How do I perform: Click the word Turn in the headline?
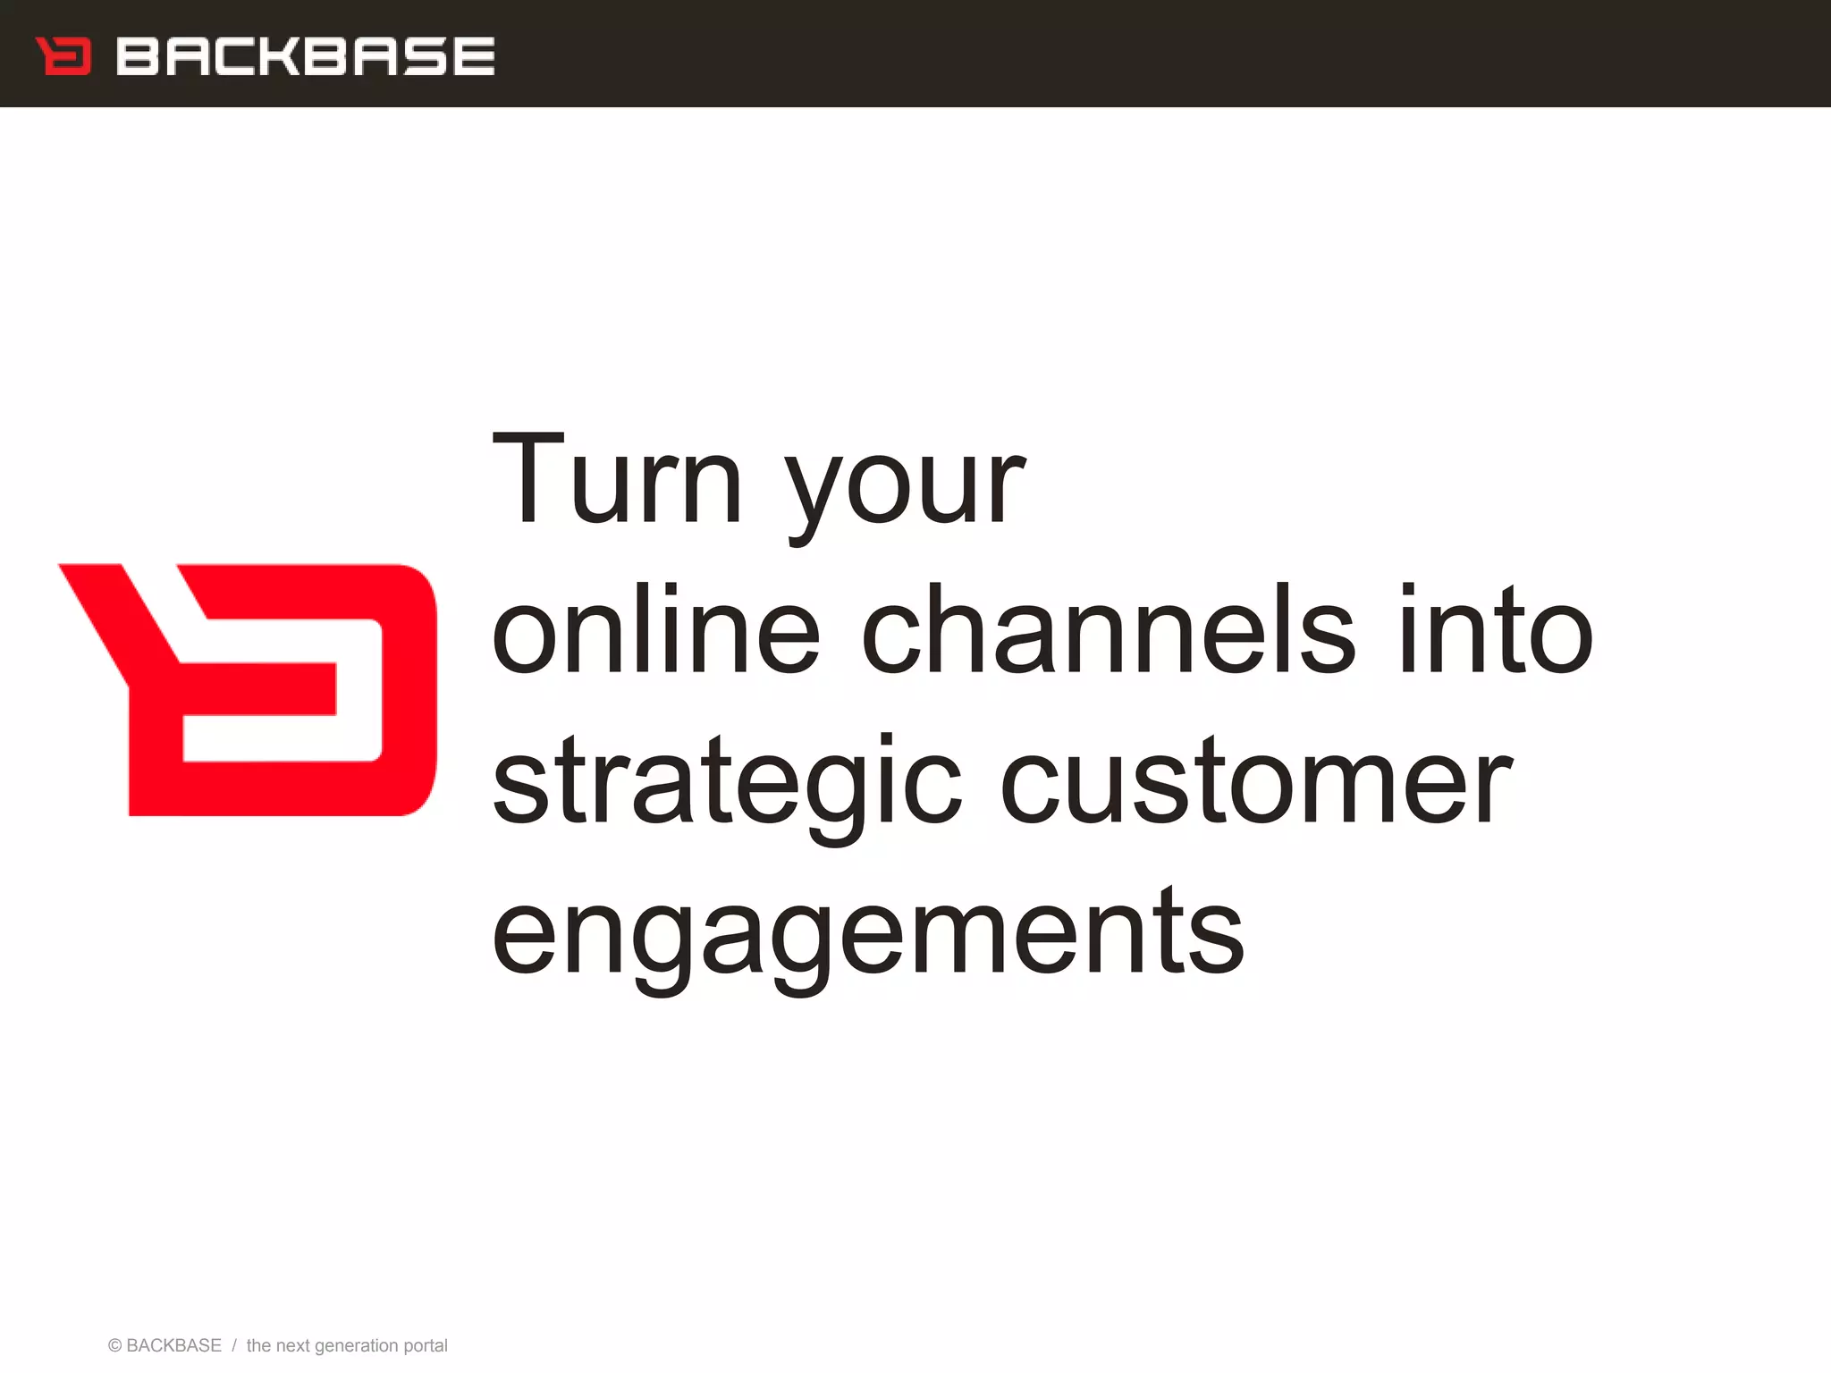click(617, 480)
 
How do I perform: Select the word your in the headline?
click(905, 487)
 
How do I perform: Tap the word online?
click(655, 630)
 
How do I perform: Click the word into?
click(1495, 630)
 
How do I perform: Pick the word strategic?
click(727, 782)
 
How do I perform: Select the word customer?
click(1255, 782)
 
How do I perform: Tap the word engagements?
click(867, 934)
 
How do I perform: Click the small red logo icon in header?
click(63, 56)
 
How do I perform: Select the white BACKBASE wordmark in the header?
click(305, 56)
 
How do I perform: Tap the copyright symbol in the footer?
click(114, 1346)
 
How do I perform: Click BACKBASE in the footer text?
click(173, 1346)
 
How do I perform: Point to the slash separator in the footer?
click(233, 1346)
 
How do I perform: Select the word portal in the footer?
click(426, 1346)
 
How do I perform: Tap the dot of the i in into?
click(1409, 589)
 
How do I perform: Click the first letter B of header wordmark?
click(136, 56)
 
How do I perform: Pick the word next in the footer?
click(292, 1346)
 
